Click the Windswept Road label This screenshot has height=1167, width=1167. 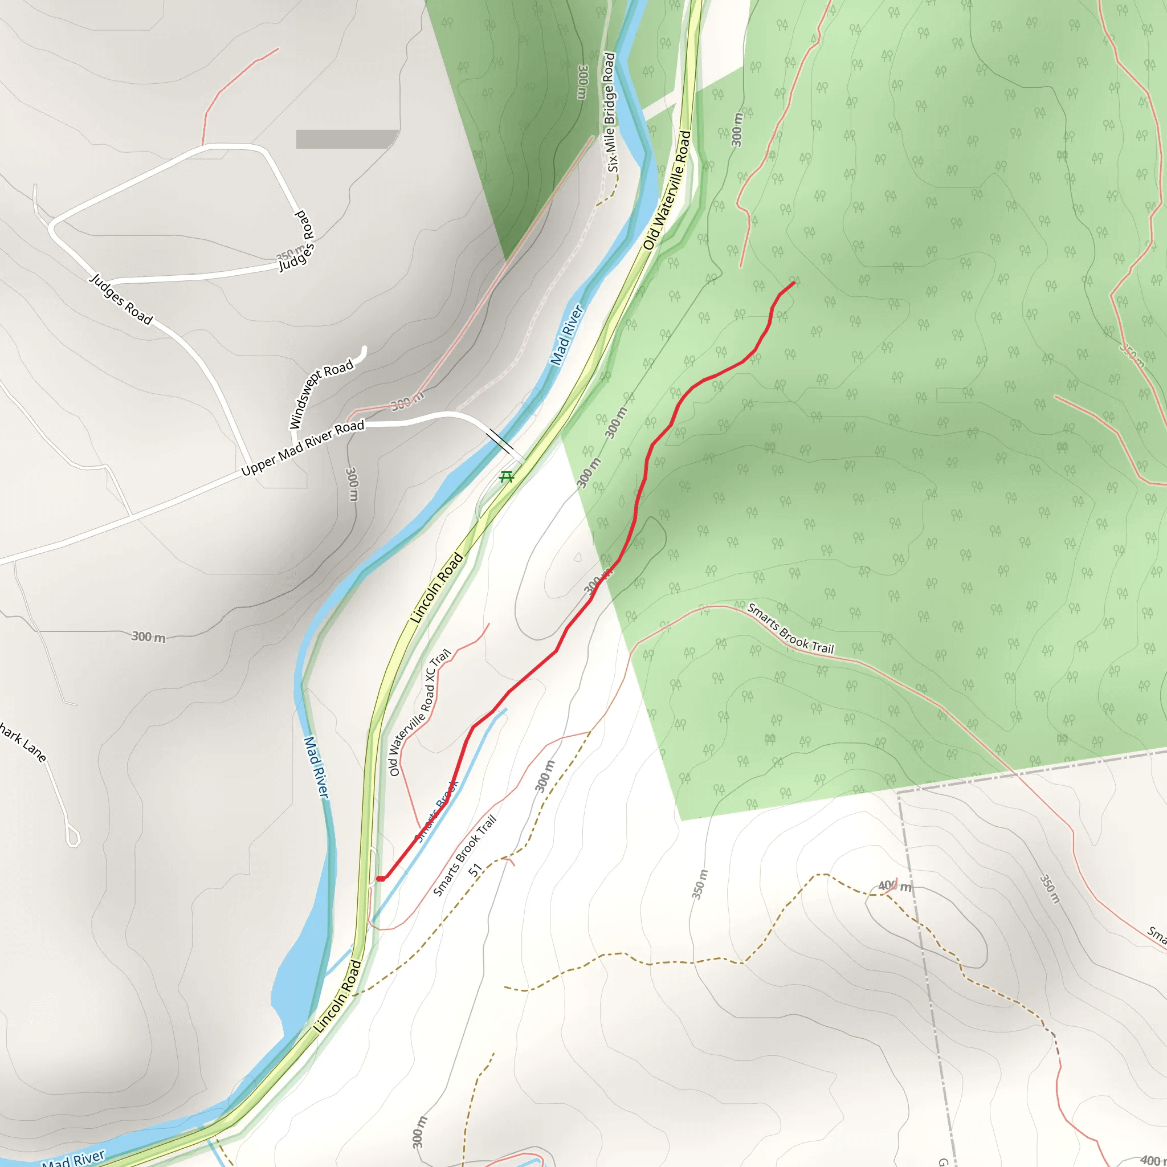tap(321, 395)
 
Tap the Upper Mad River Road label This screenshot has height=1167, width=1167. tap(303, 447)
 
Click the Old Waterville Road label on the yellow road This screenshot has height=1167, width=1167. tap(667, 190)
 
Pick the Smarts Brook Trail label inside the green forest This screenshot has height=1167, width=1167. tap(790, 629)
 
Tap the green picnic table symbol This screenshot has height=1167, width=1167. tap(507, 477)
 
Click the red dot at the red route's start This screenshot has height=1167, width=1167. tap(380, 879)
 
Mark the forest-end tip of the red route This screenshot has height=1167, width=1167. tap(793, 283)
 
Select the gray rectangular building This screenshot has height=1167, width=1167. tap(346, 139)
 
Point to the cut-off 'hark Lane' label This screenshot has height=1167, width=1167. tap(23, 741)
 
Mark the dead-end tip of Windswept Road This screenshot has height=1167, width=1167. tap(364, 349)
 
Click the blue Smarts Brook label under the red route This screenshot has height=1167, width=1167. tap(436, 811)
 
